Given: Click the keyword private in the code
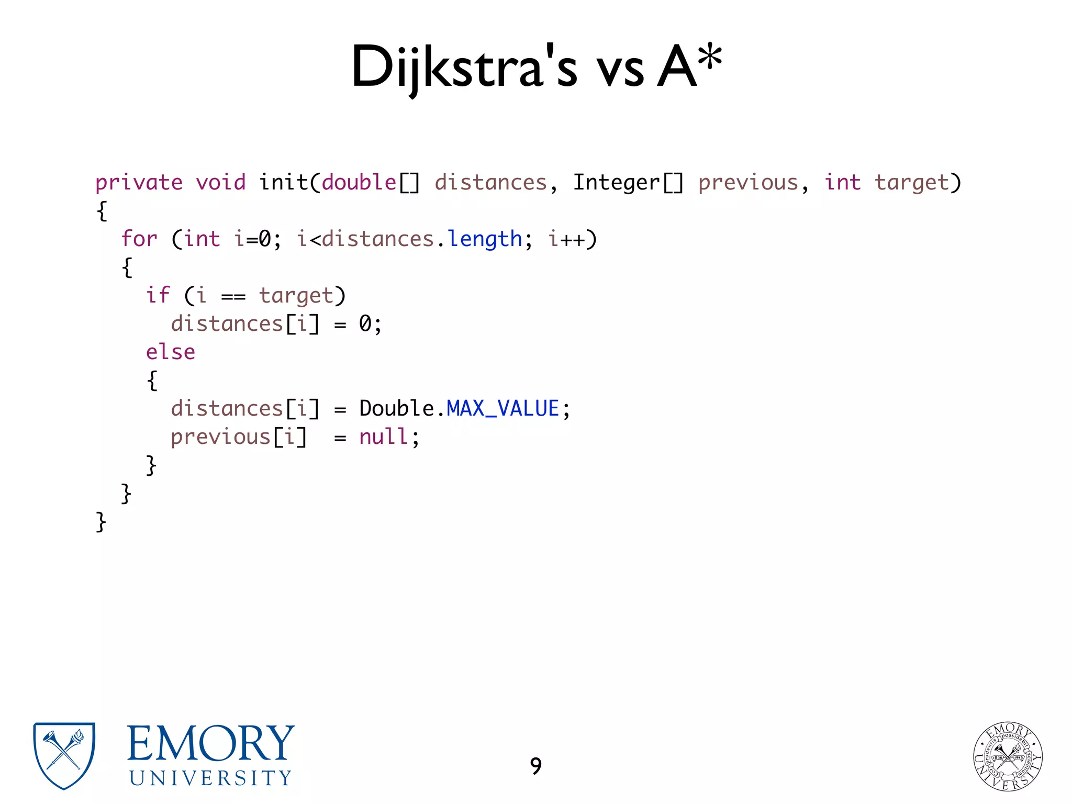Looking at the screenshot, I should pos(139,183).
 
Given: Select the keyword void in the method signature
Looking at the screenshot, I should pos(220,183).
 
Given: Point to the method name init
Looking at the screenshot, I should pos(283,183).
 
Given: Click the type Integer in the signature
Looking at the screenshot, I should pos(616,183).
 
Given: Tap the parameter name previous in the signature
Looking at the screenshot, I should pos(748,183).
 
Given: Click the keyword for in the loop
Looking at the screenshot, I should pos(139,239).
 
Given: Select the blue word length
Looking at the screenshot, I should pos(485,239).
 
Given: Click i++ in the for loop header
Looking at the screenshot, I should pos(566,239).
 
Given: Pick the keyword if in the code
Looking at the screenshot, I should pos(158,296).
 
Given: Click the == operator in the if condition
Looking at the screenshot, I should pos(233,297).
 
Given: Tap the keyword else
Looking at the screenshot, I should pos(170,352).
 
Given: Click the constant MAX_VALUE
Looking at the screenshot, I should pos(503,409).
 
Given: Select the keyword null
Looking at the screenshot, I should pos(384,437).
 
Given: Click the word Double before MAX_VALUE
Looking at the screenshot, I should pos(396,409).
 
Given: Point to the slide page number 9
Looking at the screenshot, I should pos(535,766).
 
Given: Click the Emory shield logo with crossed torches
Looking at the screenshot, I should pos(64,755).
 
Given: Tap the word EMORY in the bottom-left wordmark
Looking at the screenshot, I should pos(210,743).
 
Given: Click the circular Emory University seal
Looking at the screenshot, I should pos(1008,756).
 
